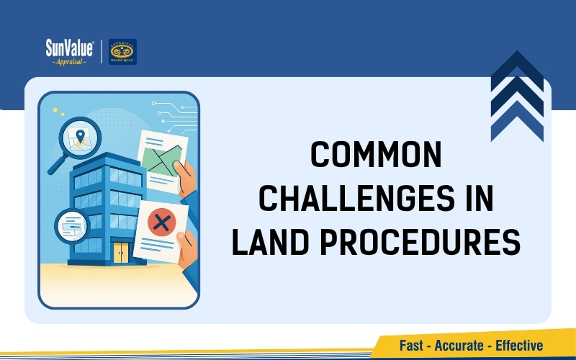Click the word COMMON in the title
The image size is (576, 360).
coord(374,156)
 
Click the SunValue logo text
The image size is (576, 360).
coord(69,49)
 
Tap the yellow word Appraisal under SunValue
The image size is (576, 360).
coord(69,62)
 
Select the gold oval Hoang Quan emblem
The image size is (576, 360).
coord(122,49)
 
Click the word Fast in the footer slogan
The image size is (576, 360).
coord(412,346)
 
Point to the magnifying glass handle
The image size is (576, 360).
coord(55,165)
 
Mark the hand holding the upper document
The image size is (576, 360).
coord(186,179)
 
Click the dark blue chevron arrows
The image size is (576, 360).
coord(516,97)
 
